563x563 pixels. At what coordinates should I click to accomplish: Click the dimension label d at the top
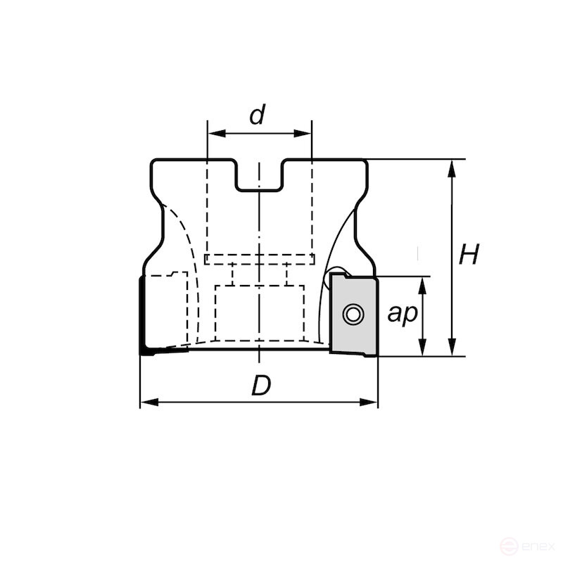click(258, 115)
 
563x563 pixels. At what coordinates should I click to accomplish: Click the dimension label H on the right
click(469, 255)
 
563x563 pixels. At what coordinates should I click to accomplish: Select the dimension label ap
click(402, 315)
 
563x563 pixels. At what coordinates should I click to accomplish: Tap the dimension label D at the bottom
click(261, 386)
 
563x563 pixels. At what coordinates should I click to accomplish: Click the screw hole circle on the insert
click(353, 315)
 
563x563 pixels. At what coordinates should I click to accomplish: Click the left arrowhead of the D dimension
click(146, 403)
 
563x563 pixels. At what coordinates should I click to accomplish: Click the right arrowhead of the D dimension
click(372, 403)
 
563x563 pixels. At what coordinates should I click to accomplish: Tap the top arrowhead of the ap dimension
click(422, 283)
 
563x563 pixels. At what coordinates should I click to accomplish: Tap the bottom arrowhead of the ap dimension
click(422, 350)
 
